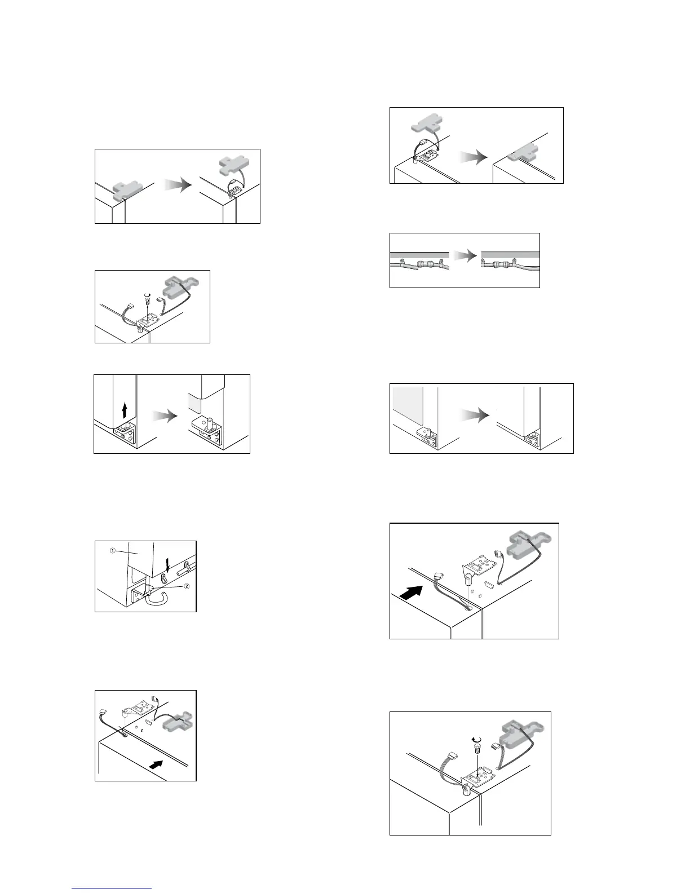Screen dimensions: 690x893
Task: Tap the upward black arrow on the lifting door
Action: [125, 408]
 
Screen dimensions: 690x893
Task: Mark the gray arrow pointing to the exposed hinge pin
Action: [165, 417]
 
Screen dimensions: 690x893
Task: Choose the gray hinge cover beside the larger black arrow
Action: [527, 545]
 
